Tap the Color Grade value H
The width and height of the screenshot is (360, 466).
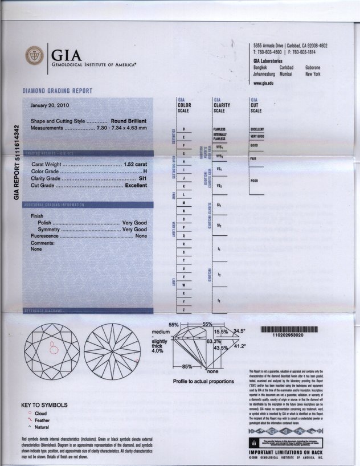145,171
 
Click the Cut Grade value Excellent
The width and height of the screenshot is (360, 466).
136,185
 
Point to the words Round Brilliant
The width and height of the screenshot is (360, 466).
129,121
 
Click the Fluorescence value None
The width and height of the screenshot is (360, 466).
141,236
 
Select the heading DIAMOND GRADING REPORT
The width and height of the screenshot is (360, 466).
57,91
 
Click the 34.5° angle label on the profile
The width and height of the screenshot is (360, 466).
239,331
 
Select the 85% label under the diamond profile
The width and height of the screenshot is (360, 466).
186,366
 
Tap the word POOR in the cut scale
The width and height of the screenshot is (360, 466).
254,180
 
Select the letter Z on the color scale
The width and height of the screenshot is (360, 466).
183,309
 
